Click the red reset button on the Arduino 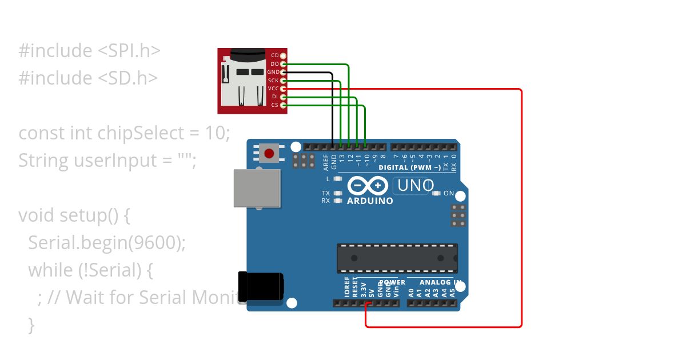point(268,153)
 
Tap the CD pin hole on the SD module point(283,55)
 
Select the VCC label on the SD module point(273,89)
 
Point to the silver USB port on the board point(257,188)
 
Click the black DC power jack point(260,286)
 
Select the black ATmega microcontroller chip point(397,258)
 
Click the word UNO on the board point(416,185)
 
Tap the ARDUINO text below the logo point(370,201)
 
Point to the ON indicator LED point(437,193)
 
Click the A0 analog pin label point(410,293)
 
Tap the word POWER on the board point(392,282)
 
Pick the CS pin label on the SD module point(274,105)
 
